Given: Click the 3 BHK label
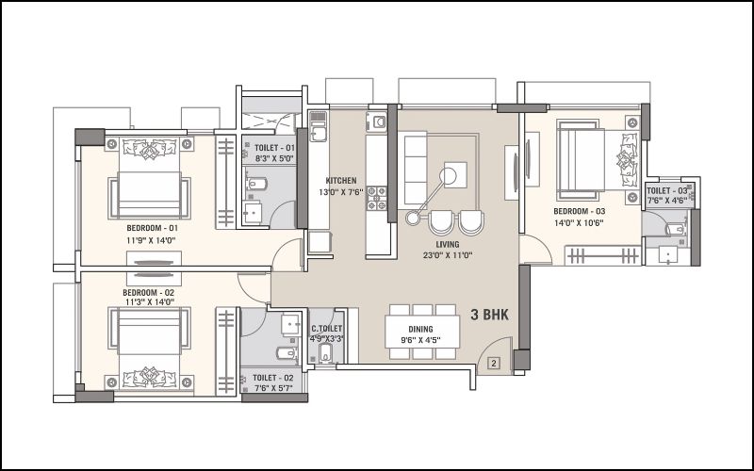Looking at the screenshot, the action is pyautogui.click(x=489, y=315).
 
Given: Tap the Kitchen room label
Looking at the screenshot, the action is pyautogui.click(x=341, y=181).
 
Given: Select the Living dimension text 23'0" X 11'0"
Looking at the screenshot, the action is pyautogui.click(x=447, y=255).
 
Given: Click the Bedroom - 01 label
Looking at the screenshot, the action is pyautogui.click(x=153, y=228).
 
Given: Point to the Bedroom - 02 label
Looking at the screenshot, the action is pyautogui.click(x=149, y=293).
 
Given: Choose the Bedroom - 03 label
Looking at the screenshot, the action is pyautogui.click(x=580, y=211).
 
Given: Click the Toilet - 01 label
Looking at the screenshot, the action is pyautogui.click(x=274, y=148).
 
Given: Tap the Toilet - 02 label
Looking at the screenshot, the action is pyautogui.click(x=272, y=379).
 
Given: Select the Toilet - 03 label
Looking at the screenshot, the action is pyautogui.click(x=667, y=191).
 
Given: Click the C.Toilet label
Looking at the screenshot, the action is pyautogui.click(x=326, y=329).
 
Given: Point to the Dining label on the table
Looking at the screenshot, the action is pyautogui.click(x=420, y=329).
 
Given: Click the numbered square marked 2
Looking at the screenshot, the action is pyautogui.click(x=494, y=364).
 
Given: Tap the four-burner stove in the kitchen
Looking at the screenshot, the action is pyautogui.click(x=377, y=199).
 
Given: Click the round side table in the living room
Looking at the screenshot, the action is pyautogui.click(x=413, y=219).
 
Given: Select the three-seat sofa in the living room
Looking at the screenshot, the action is pyautogui.click(x=416, y=170).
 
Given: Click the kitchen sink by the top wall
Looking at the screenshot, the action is pyautogui.click(x=318, y=126).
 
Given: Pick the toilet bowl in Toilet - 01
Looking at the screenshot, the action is pyautogui.click(x=256, y=184).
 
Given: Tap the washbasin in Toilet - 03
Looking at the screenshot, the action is pyautogui.click(x=668, y=254).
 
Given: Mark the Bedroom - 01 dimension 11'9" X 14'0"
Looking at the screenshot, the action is pyautogui.click(x=152, y=241).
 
